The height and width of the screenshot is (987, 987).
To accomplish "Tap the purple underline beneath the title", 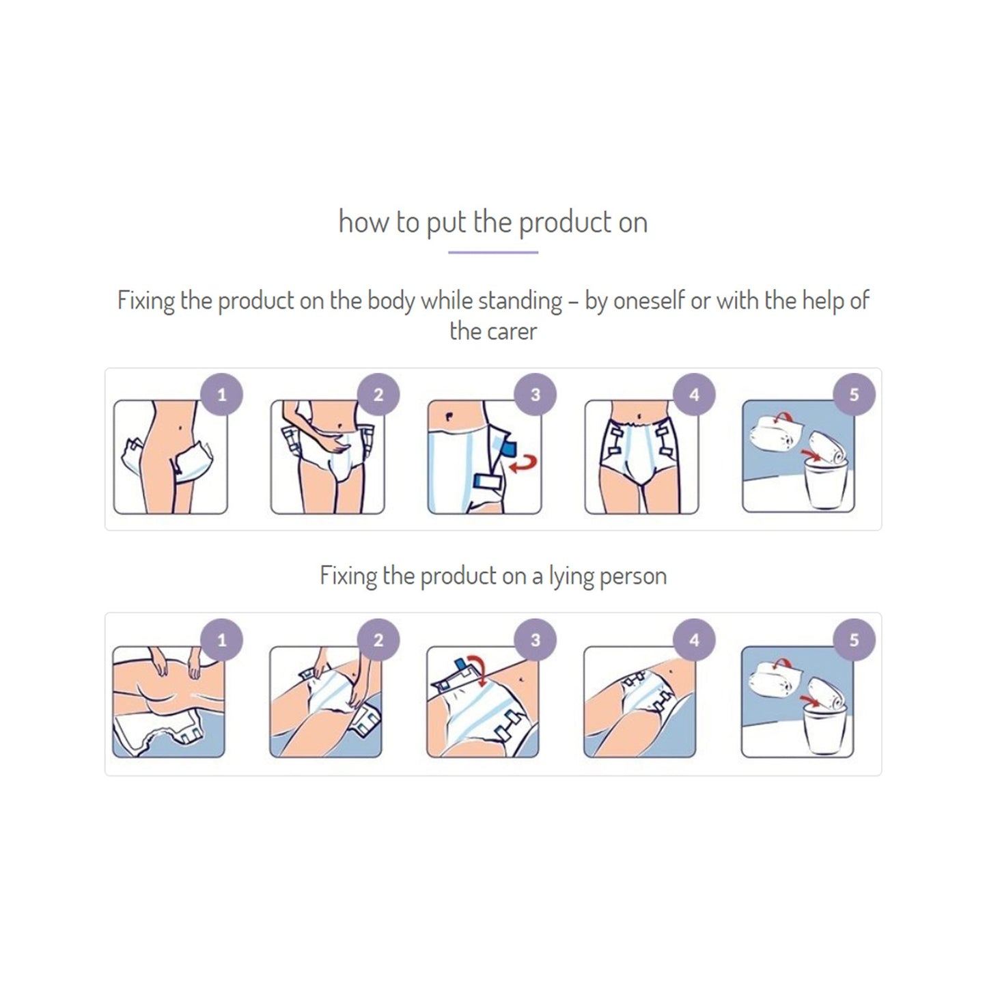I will point(493,252).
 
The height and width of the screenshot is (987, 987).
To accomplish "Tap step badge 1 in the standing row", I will point(221,394).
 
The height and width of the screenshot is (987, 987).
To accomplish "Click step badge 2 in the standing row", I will point(378,394).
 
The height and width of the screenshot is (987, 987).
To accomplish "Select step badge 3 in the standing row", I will point(536,394).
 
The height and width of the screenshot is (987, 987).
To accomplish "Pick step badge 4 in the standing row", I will point(694,394).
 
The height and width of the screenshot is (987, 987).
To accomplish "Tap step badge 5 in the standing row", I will point(854,394).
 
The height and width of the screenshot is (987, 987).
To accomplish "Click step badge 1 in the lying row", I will point(221,640).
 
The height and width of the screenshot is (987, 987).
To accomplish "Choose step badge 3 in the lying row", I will point(536,640).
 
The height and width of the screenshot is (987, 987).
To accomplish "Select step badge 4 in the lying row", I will point(694,640).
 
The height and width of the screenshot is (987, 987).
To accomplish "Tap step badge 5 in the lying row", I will point(854,640).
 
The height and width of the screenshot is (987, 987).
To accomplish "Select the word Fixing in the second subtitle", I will point(348,576).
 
